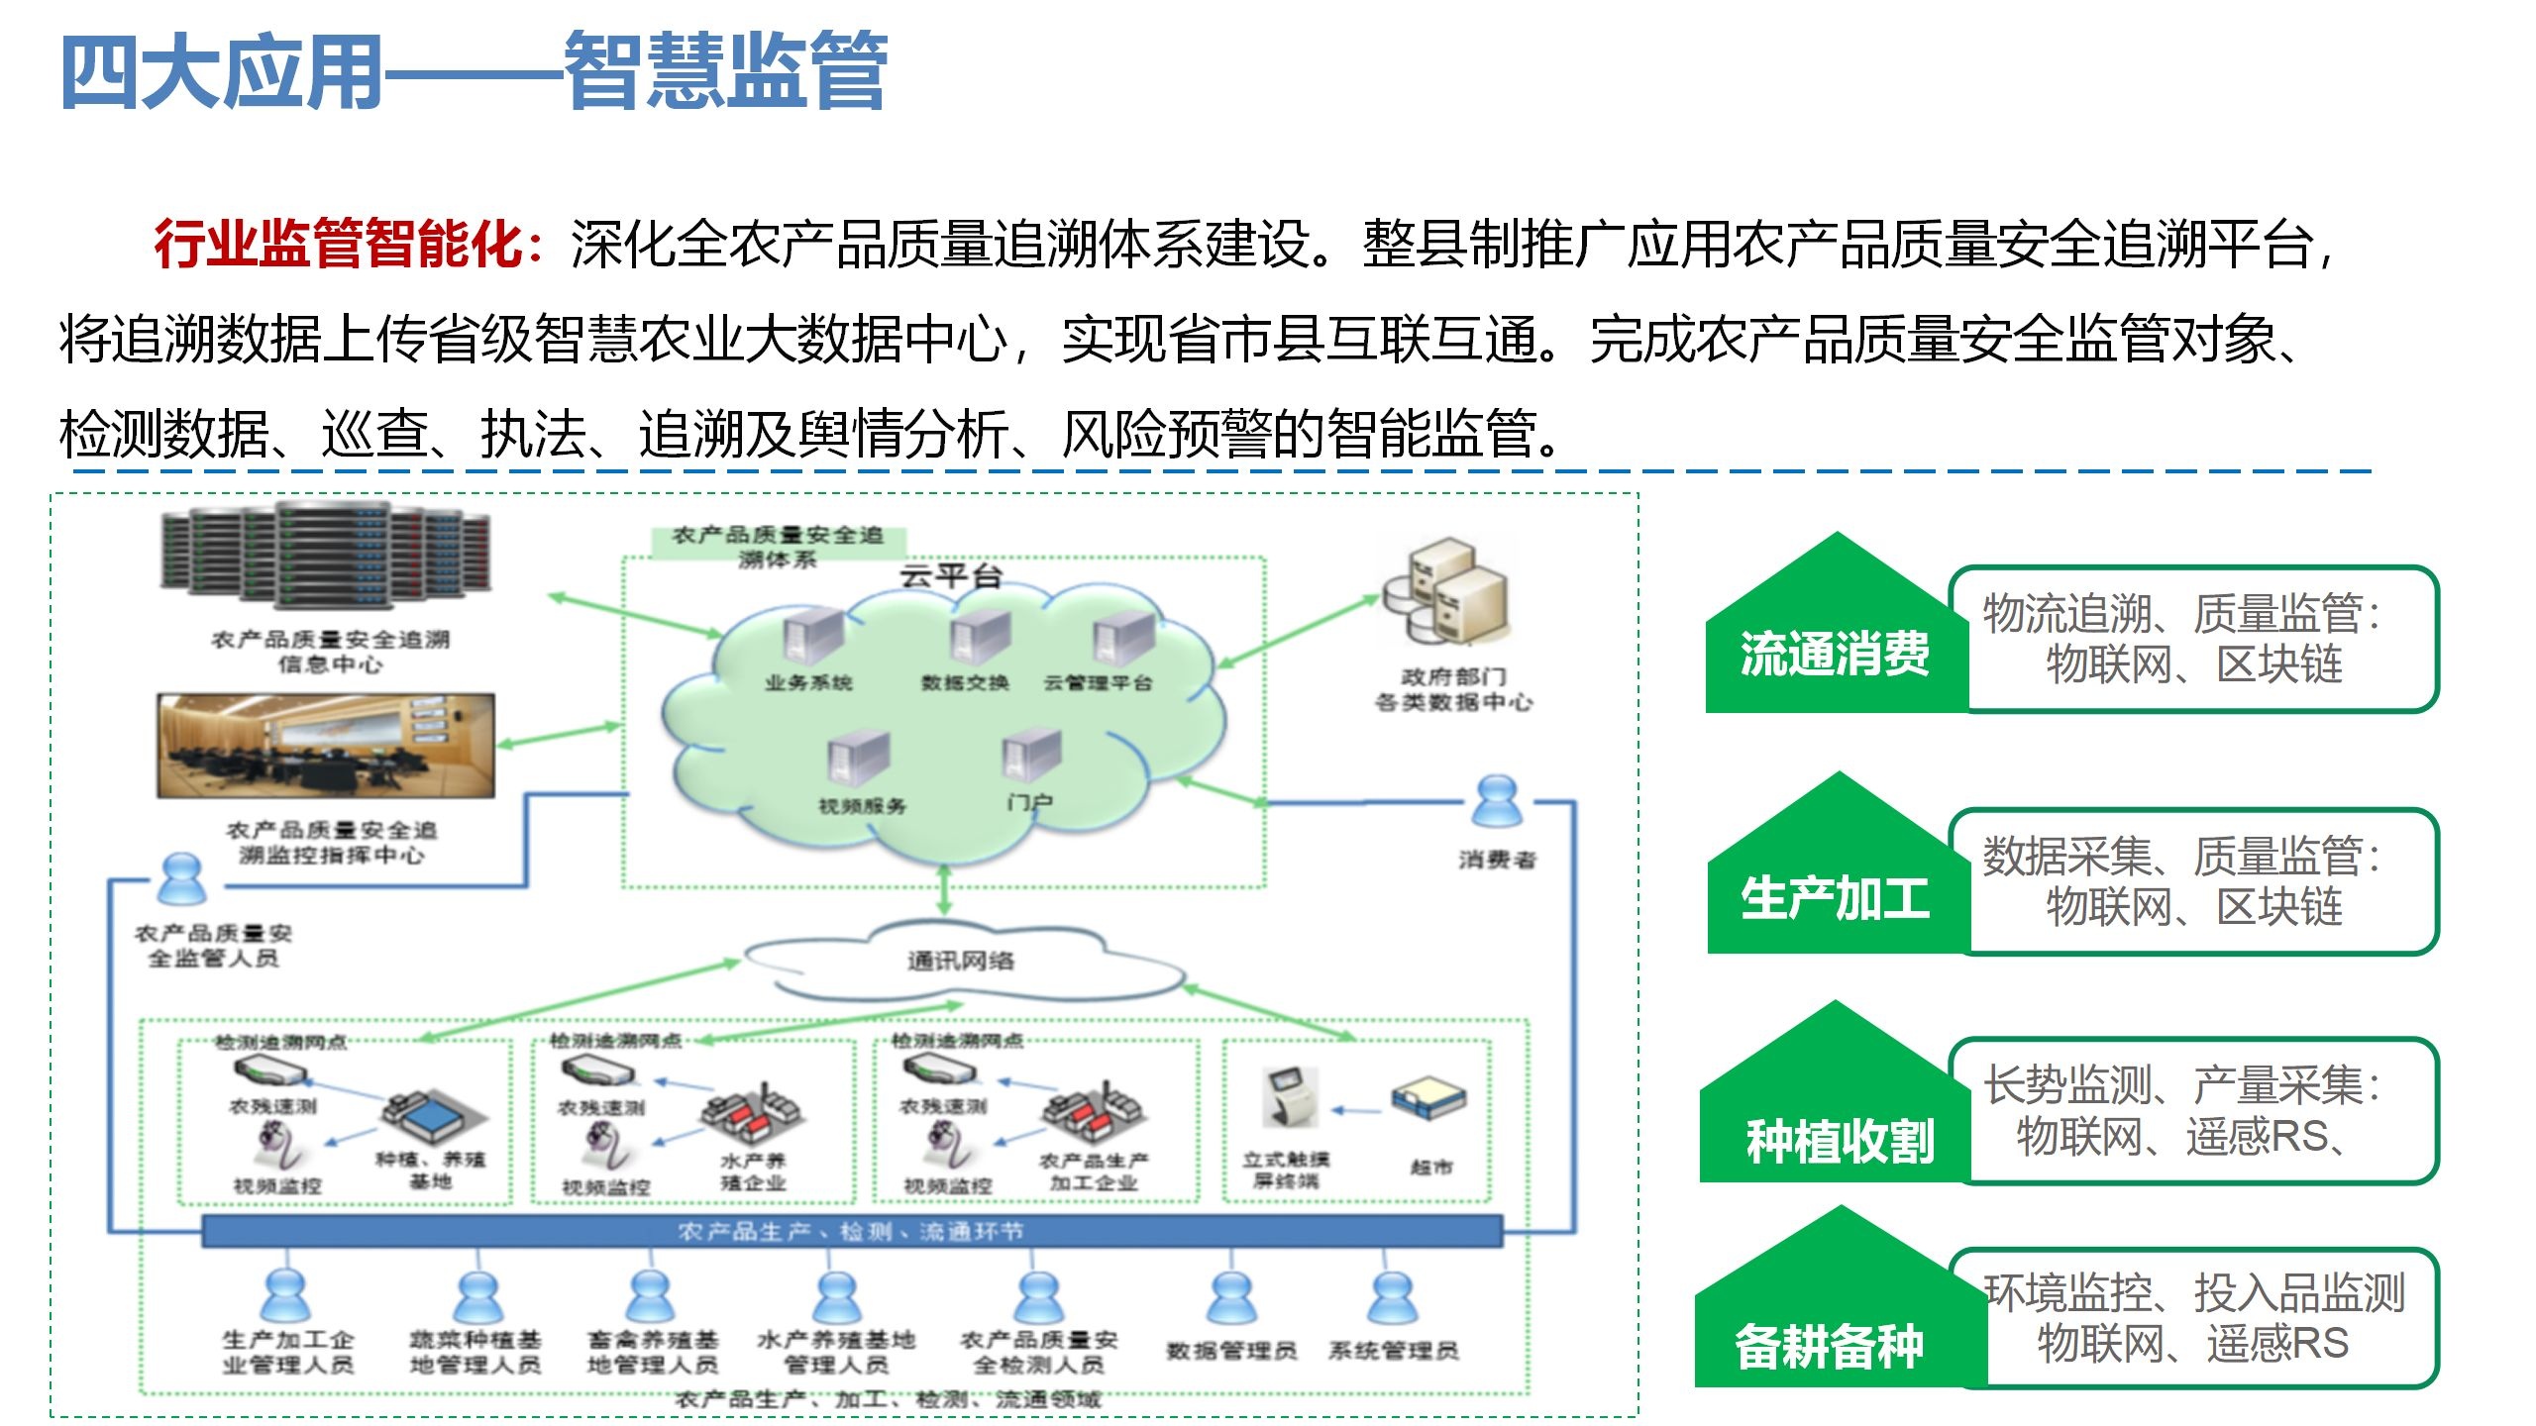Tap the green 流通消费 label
tap(1835, 655)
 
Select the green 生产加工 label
tap(1835, 899)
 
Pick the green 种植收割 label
tap(1839, 1141)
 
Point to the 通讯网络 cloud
tap(961, 960)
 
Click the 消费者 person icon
tap(1496, 802)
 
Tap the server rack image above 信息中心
tap(327, 555)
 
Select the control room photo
tap(326, 746)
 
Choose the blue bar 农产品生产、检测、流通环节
tap(852, 1232)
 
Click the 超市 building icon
tap(1428, 1099)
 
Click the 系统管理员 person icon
tap(1393, 1297)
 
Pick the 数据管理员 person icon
tap(1231, 1297)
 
